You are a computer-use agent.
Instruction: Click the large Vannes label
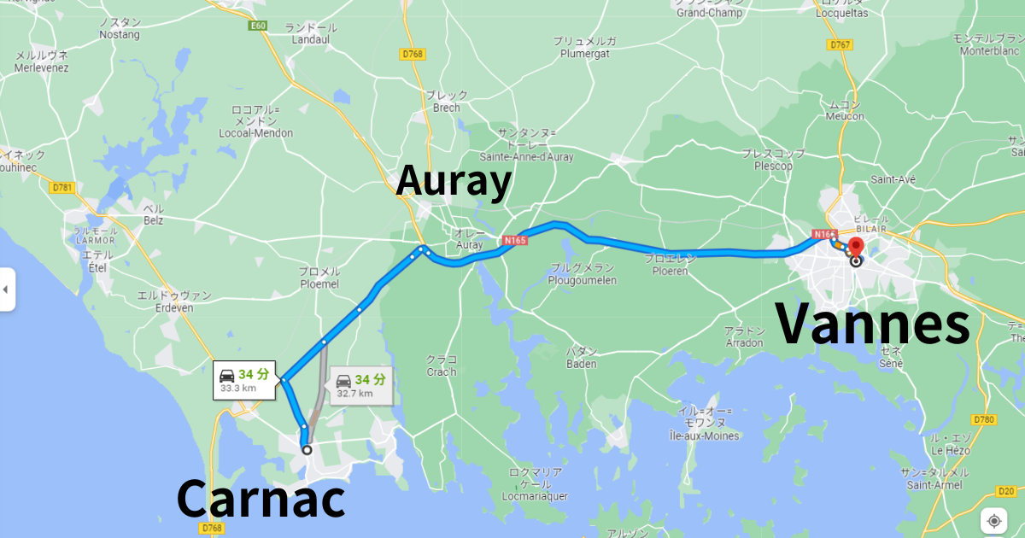pyautogui.click(x=872, y=325)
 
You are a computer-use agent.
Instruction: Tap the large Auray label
pyautogui.click(x=454, y=181)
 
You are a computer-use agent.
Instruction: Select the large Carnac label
pyautogui.click(x=261, y=499)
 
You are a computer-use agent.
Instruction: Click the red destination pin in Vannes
pyautogui.click(x=856, y=249)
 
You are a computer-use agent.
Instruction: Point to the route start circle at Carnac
pyautogui.click(x=307, y=449)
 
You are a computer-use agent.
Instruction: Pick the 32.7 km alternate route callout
pyautogui.click(x=360, y=386)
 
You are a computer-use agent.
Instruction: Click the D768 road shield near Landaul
pyautogui.click(x=413, y=55)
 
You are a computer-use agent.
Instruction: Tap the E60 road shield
pyautogui.click(x=258, y=26)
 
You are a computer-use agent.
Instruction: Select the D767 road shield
pyautogui.click(x=839, y=44)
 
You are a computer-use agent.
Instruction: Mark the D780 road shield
pyautogui.click(x=984, y=419)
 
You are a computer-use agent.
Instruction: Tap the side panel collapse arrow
pyautogui.click(x=6, y=289)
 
